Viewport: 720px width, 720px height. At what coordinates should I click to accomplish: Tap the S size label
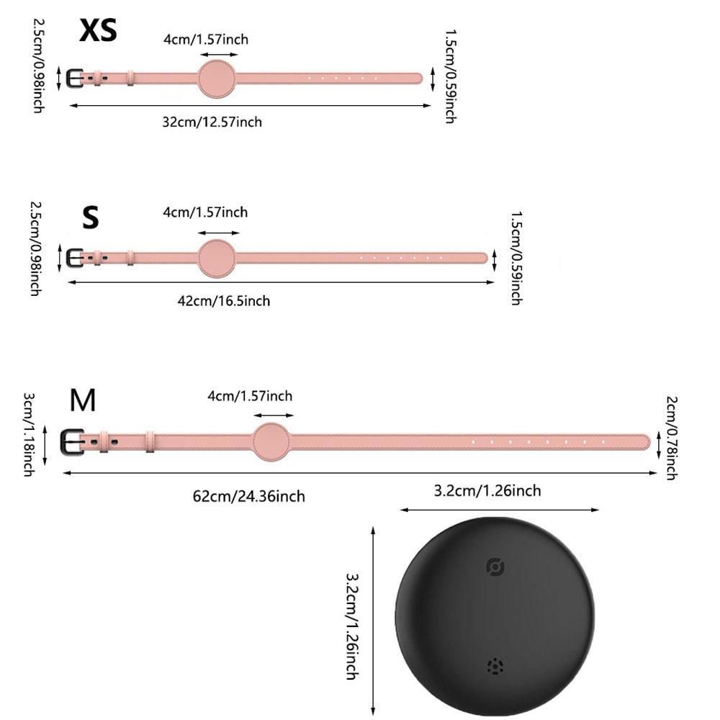click(90, 217)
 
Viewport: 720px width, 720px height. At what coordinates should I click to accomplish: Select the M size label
click(83, 400)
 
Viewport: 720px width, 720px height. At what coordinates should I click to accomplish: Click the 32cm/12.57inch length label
click(212, 122)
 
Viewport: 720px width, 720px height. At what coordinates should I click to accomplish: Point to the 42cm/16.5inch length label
click(224, 300)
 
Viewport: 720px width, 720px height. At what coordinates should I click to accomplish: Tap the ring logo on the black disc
click(495, 567)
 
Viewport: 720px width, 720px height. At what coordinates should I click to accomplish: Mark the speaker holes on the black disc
click(495, 666)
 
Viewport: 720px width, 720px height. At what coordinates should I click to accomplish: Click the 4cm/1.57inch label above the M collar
click(250, 396)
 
